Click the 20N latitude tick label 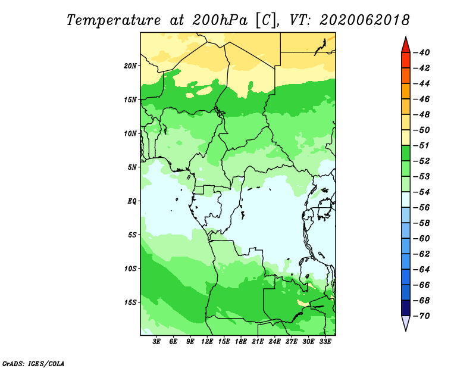pos(130,66)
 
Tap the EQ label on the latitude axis pos(131,201)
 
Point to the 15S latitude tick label pos(130,302)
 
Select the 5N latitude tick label pos(132,167)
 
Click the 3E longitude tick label pos(156,341)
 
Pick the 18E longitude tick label pos(241,341)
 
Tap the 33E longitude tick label pos(325,341)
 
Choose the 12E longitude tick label pos(207,341)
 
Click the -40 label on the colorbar pos(421,52)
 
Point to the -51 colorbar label pos(421,145)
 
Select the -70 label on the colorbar pos(421,316)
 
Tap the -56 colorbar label pos(421,208)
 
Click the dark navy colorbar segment pos(406,308)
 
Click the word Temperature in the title pos(114,20)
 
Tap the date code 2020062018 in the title pos(364,20)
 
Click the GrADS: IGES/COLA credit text pos(33,364)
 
